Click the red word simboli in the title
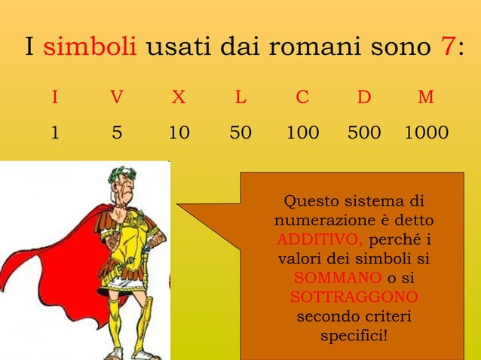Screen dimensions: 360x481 coord(90,49)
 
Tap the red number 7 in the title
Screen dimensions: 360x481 coord(446,48)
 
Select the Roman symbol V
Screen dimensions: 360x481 coord(116,98)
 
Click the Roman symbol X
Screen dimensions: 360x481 coord(178,98)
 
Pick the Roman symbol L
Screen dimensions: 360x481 coord(240,98)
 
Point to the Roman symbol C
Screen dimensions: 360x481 coord(302,98)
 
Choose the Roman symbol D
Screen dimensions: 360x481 coord(364,98)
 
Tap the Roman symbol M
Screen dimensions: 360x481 coord(426,98)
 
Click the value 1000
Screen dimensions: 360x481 coord(426,133)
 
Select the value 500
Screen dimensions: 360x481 coord(364,133)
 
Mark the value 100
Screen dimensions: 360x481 coord(302,133)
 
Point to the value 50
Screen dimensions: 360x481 coord(240,133)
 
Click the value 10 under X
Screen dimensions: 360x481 coord(179,133)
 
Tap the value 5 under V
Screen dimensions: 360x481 coord(116,133)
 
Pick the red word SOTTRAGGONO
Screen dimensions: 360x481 coord(354,297)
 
